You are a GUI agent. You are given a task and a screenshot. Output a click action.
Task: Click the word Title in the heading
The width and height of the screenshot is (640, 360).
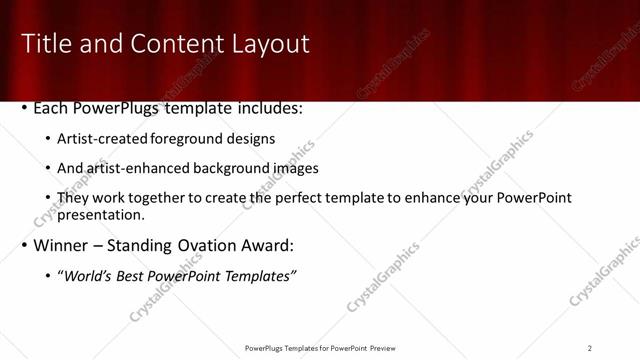point(46,44)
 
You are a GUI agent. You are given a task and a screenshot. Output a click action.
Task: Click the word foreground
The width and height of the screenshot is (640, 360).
point(191,139)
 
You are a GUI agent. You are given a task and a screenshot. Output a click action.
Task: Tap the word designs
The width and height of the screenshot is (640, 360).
point(252,139)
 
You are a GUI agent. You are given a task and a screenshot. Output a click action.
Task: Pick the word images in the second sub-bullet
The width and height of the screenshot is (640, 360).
point(296,168)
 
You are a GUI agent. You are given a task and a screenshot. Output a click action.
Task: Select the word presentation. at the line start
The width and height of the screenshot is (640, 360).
point(101,214)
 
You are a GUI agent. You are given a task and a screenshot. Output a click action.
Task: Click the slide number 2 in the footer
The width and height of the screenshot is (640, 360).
point(590,348)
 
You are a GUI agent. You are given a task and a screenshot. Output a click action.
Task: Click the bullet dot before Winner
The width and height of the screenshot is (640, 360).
point(25,246)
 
